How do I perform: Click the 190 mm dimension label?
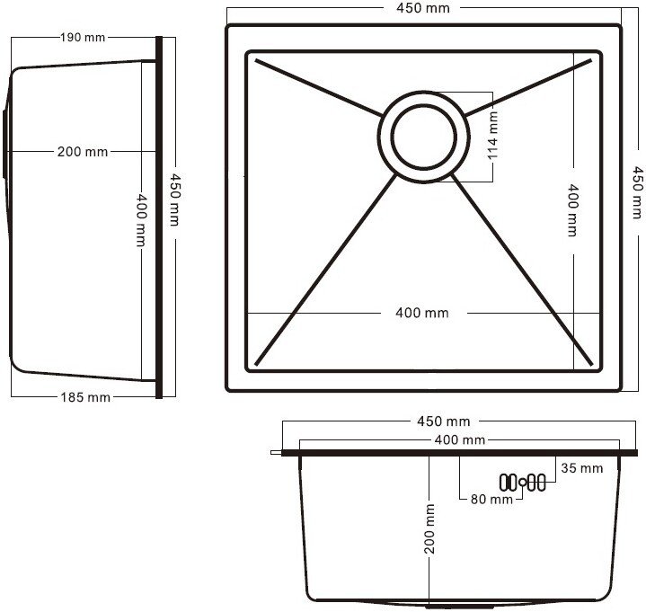(83, 38)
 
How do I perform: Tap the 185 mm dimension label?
(85, 397)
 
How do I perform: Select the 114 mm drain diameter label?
(492, 136)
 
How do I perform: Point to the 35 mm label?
(581, 468)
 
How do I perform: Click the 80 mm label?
(491, 500)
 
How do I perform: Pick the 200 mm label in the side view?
(83, 152)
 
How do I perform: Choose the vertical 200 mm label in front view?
(429, 528)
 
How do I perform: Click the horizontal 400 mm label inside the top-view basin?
(422, 313)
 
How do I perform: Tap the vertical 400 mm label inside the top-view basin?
(572, 210)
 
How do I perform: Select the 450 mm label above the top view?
(423, 8)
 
